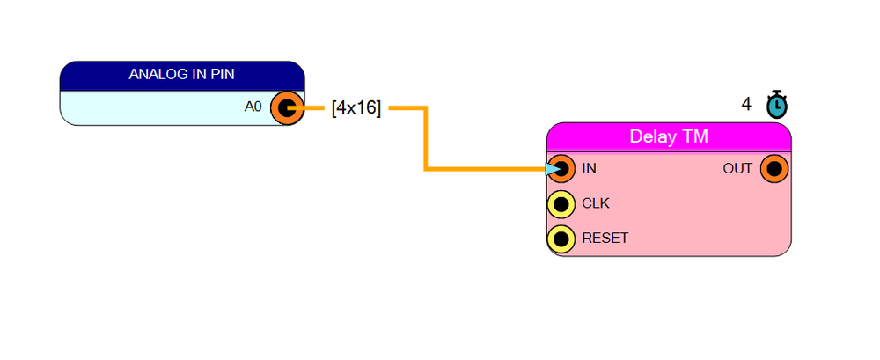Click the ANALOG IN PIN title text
[x=182, y=74]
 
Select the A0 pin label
[x=253, y=107]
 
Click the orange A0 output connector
[x=287, y=108]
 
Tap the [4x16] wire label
[x=356, y=107]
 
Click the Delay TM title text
[x=669, y=136]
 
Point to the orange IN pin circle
[x=561, y=168]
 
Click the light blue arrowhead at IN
[x=553, y=168]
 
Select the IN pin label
[x=590, y=168]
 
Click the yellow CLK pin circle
[x=561, y=204]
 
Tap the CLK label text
[x=596, y=203]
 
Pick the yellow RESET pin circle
[x=561, y=239]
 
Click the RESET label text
[x=605, y=239]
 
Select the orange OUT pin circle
[x=774, y=168]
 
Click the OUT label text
[x=737, y=168]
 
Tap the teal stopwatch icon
[x=777, y=105]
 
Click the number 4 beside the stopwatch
[x=746, y=105]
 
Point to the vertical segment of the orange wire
[x=427, y=137]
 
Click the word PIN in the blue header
[x=224, y=74]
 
